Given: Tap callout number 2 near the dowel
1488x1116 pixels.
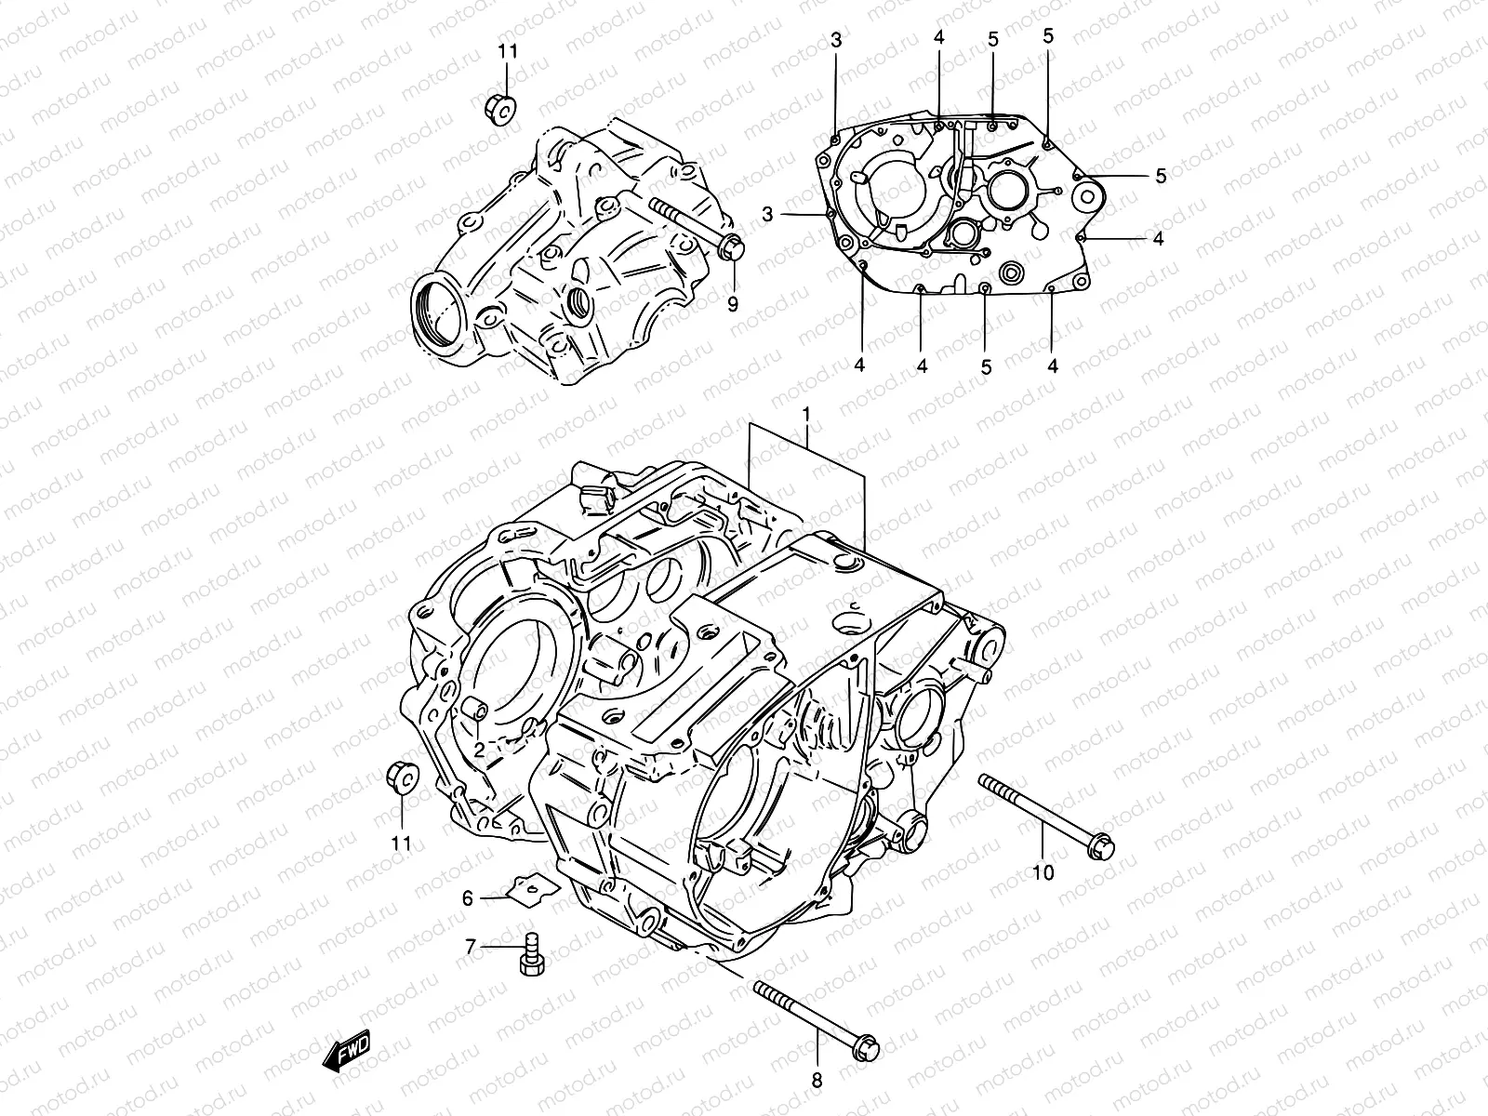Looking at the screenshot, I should pyautogui.click(x=478, y=749).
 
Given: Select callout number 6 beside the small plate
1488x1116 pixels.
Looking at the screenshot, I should pyautogui.click(x=468, y=897).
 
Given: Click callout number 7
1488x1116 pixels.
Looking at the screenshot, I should pyautogui.click(x=471, y=947).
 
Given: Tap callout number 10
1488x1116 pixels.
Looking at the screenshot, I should pyautogui.click(x=1043, y=872).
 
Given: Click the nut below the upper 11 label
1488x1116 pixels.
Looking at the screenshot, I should pyautogui.click(x=501, y=111).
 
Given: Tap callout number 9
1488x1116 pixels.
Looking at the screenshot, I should pyautogui.click(x=733, y=303).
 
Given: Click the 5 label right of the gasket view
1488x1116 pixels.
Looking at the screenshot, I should pyautogui.click(x=1161, y=175).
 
